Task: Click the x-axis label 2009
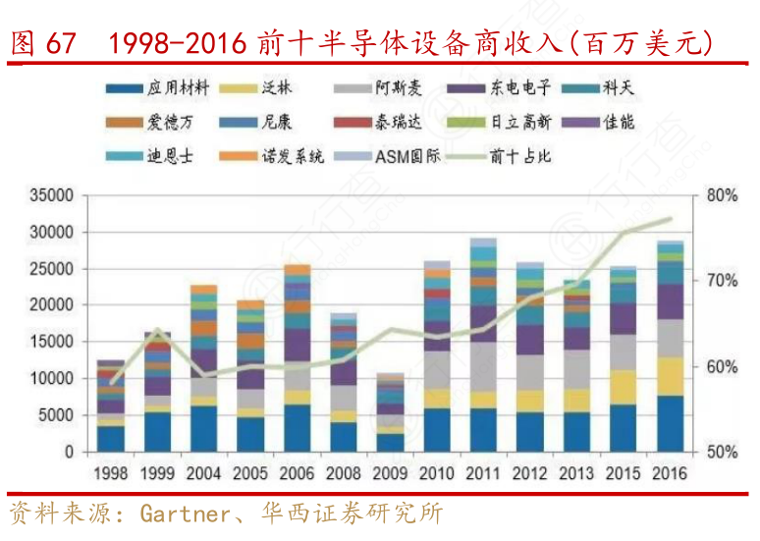[390, 472]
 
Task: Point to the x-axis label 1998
[111, 472]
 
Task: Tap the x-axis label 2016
[670, 472]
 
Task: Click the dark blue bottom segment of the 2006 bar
[298, 428]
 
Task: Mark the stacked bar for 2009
[390, 412]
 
